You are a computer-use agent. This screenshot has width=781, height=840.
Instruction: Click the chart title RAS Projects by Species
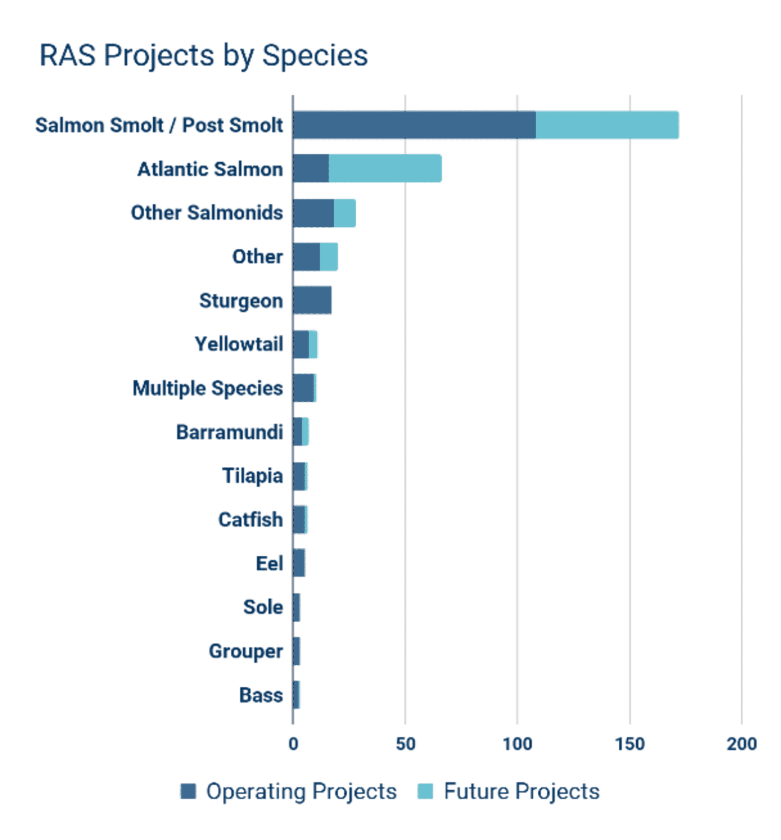click(203, 55)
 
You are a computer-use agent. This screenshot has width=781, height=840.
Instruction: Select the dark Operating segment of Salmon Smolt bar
click(414, 126)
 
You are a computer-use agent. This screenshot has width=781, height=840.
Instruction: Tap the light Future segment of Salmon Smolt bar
click(607, 126)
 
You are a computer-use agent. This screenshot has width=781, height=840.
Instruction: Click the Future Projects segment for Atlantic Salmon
click(385, 169)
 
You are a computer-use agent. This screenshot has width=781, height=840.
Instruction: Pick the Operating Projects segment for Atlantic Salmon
click(311, 169)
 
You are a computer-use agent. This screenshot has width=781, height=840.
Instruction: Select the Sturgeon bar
click(313, 300)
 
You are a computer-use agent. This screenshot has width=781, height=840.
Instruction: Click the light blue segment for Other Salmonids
click(345, 213)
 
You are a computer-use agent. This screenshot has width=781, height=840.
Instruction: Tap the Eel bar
click(299, 563)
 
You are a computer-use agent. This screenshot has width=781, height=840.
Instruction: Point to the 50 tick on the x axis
click(406, 744)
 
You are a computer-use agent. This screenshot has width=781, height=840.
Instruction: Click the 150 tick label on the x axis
click(630, 744)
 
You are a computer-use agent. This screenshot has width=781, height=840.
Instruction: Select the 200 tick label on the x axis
click(741, 744)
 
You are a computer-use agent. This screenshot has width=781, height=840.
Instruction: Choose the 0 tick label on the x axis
click(293, 744)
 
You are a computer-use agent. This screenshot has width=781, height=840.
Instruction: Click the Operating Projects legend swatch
click(188, 791)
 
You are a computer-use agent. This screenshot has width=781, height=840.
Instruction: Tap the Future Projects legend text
click(521, 791)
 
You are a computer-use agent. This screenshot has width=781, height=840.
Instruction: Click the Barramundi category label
click(229, 432)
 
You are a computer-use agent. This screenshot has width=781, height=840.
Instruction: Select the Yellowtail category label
click(239, 344)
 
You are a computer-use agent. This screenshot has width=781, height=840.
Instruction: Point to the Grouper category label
click(246, 651)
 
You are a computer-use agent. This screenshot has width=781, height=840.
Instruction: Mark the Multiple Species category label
click(207, 388)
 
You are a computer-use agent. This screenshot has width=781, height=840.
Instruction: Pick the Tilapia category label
click(252, 476)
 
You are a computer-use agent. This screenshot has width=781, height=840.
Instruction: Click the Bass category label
click(261, 695)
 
